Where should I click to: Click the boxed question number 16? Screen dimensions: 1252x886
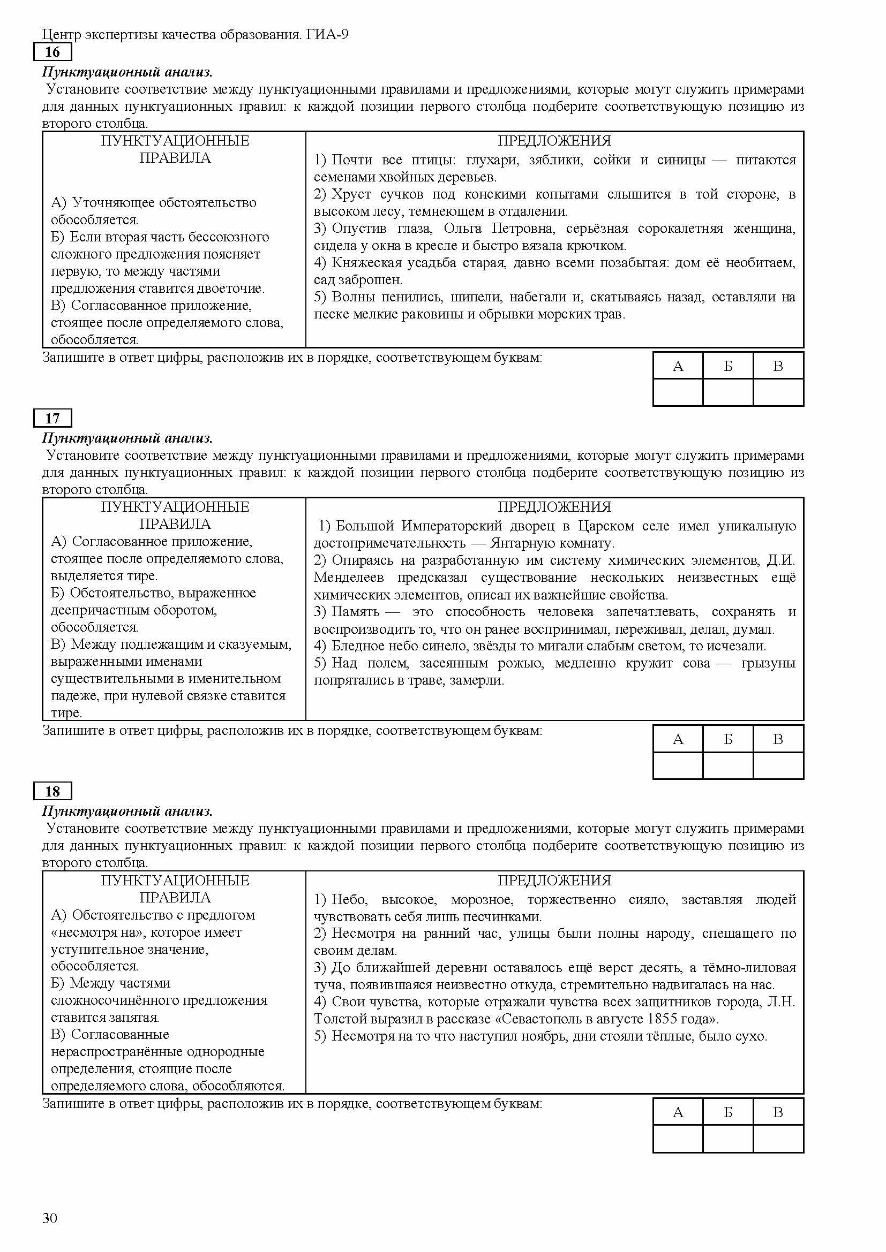click(x=52, y=52)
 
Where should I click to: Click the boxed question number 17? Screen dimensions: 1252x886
click(x=52, y=418)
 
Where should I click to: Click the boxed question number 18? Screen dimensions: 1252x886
click(x=52, y=791)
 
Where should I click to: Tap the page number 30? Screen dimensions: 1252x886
click(x=50, y=1218)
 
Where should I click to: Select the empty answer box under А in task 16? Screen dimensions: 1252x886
click(x=678, y=392)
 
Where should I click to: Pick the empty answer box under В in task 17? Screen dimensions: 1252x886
click(x=778, y=765)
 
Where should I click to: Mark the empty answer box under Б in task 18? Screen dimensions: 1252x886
click(x=728, y=1139)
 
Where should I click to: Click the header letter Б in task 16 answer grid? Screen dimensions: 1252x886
click(x=728, y=366)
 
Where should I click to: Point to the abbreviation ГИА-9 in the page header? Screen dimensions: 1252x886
click(x=327, y=35)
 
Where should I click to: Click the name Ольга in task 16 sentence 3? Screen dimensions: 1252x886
click(x=462, y=228)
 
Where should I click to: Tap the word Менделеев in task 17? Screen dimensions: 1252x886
click(x=349, y=578)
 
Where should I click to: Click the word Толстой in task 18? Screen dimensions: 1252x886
click(x=336, y=1019)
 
